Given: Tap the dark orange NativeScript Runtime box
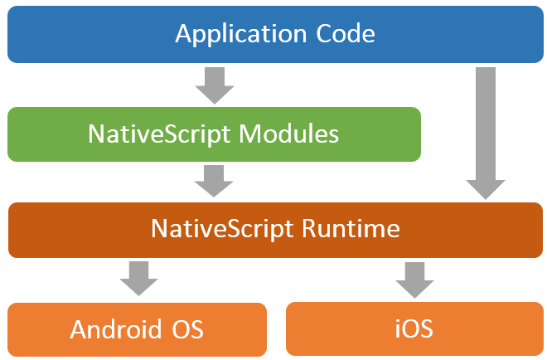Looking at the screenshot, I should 274,229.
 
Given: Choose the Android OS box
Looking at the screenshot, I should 137,329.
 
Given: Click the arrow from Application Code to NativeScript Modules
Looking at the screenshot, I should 215,84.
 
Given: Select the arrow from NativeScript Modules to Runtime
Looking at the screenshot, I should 215,179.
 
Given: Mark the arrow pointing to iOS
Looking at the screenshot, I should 414,279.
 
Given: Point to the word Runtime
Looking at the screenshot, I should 351,229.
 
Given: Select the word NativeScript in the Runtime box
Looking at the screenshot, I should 212,229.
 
